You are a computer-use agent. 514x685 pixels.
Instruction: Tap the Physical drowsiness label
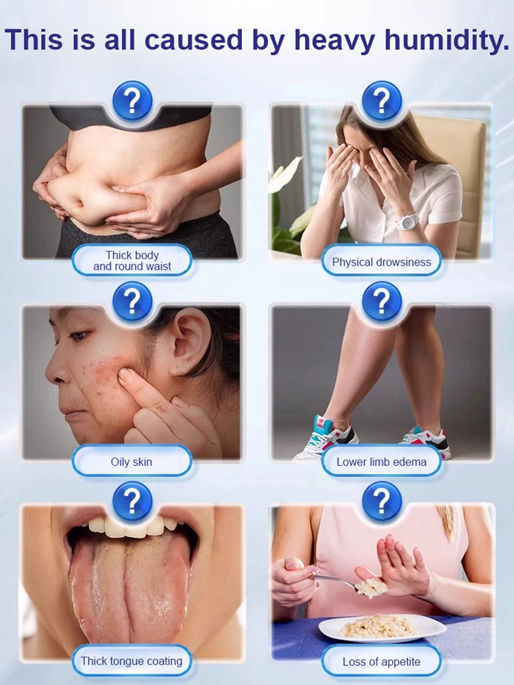coord(381,262)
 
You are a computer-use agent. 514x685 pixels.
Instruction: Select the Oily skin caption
coord(132,462)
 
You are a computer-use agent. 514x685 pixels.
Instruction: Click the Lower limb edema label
coord(381,462)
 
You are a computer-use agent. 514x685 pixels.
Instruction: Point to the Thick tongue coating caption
coord(132,661)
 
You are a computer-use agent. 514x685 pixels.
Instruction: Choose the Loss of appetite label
coord(381,662)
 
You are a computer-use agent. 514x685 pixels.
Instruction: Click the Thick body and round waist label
coord(132,261)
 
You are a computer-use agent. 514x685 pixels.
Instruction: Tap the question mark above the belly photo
coord(132,101)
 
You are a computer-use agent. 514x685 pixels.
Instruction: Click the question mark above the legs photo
coord(382,301)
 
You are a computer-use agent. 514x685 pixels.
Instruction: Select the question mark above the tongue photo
coord(132,501)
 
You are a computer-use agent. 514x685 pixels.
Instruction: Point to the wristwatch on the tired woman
coord(407,221)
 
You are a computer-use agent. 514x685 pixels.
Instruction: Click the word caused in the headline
coord(194,40)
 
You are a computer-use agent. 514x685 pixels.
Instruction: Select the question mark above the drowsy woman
coord(382,101)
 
